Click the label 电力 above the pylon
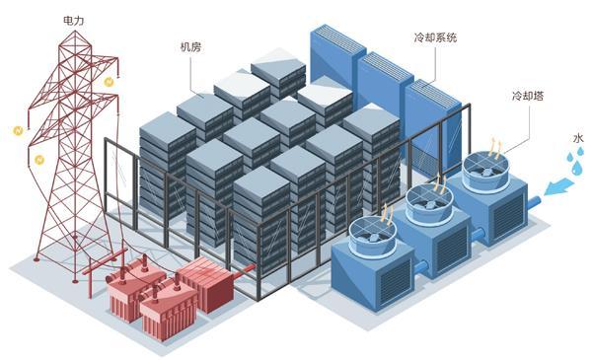point(74,20)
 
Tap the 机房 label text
point(190,46)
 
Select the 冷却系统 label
point(435,37)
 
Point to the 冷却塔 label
point(528,96)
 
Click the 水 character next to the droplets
point(578,138)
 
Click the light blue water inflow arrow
point(560,186)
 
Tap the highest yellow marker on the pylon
point(109,82)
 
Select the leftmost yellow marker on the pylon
point(18,131)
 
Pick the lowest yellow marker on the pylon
point(38,160)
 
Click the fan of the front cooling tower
point(372,237)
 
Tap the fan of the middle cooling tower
point(429,204)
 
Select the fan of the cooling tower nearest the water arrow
point(486,172)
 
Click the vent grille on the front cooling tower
point(396,282)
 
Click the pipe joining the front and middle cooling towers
point(421,267)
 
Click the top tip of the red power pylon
point(75,32)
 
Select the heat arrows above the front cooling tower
point(387,214)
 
